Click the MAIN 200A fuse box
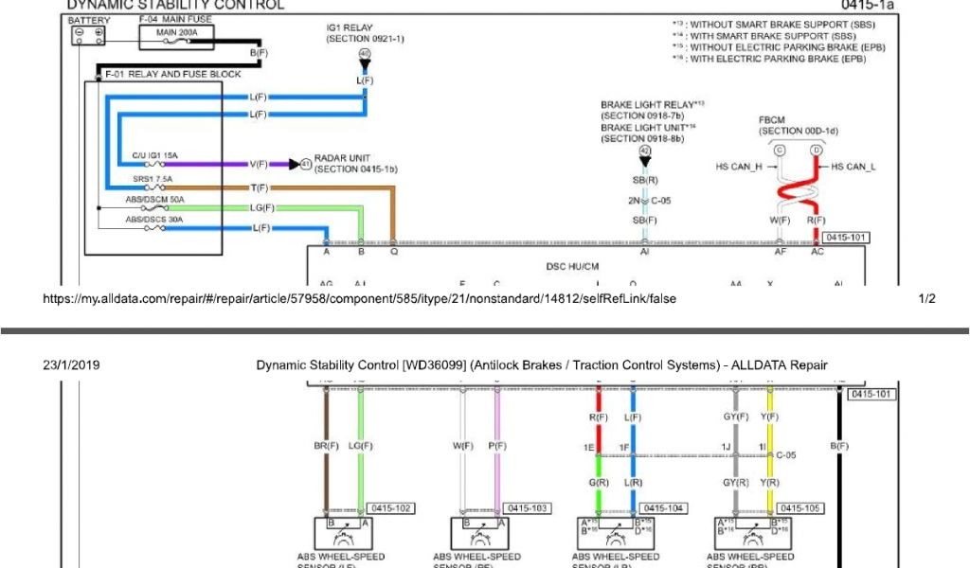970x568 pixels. point(177,37)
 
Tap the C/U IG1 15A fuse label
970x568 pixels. point(155,155)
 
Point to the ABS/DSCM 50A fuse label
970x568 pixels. point(155,200)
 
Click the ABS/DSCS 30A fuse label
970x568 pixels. point(155,220)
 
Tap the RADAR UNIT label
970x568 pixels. point(342,158)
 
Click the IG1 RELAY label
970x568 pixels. point(351,28)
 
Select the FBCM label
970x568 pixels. point(772,120)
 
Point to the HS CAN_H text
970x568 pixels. point(740,167)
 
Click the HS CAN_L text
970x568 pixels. point(853,167)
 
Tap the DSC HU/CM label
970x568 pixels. point(573,268)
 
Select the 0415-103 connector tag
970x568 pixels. point(527,508)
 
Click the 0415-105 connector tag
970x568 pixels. point(801,508)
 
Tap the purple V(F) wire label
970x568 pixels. point(259,164)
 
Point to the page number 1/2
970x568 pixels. point(926,298)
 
